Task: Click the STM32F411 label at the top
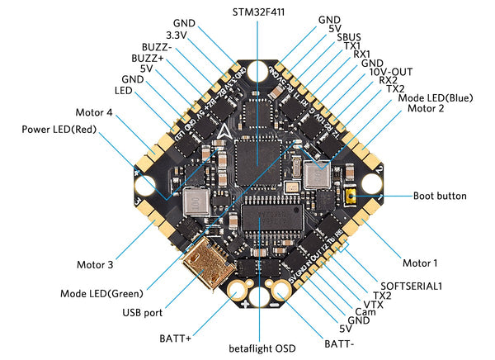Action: coord(257,12)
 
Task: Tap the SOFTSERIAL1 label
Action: coord(412,285)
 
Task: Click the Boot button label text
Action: coord(441,197)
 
